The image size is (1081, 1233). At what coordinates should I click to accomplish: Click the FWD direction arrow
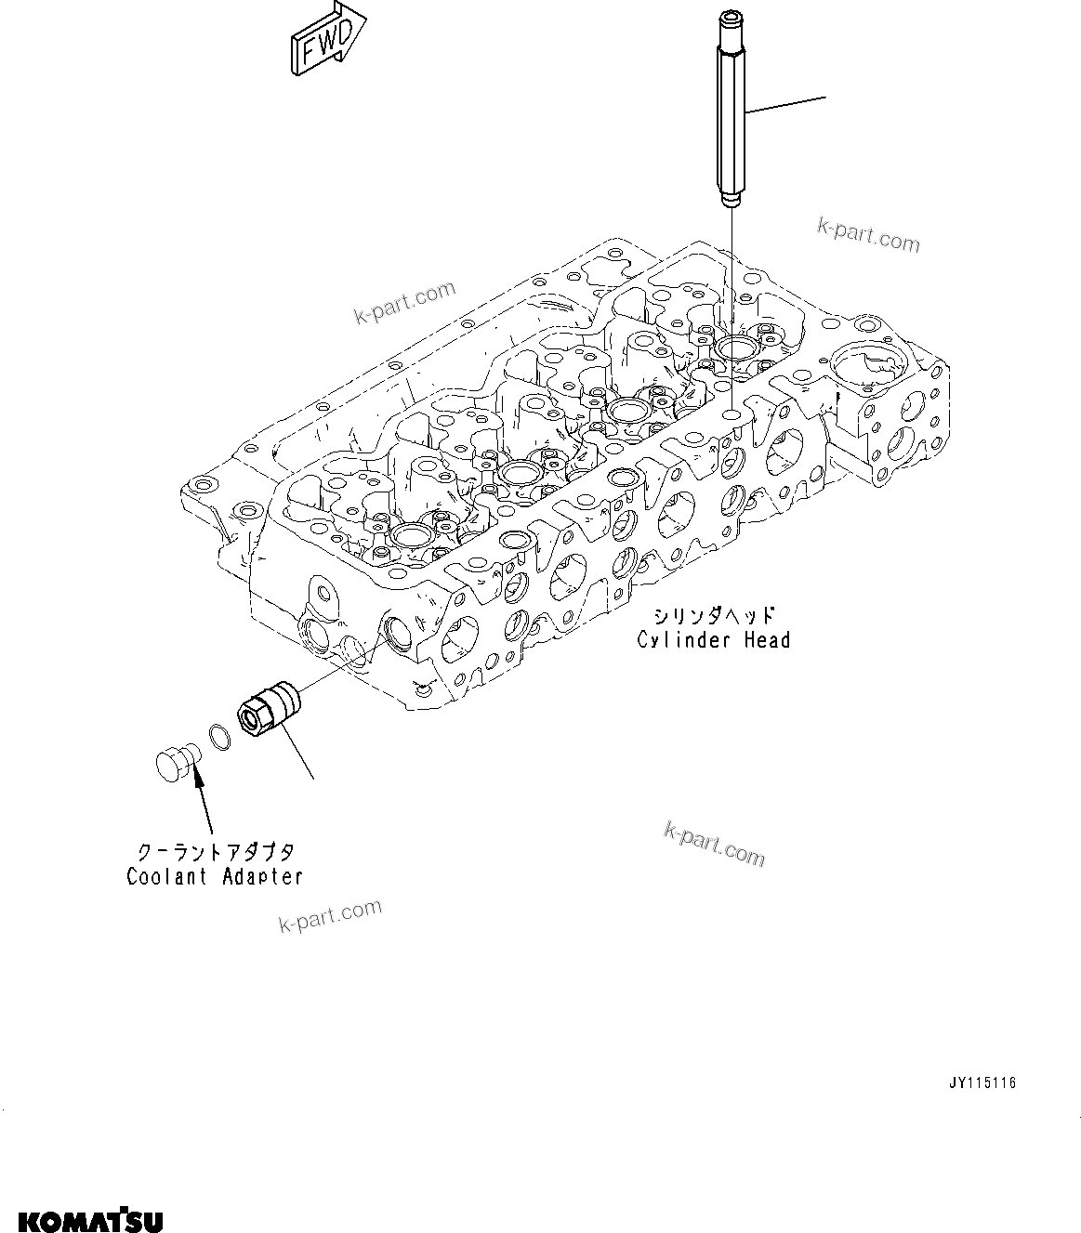point(326,39)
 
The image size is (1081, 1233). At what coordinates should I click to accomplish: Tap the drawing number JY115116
point(983,1083)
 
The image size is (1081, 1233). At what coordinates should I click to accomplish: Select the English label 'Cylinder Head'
point(713,640)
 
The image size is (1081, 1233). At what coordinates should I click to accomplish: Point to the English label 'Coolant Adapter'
point(215,876)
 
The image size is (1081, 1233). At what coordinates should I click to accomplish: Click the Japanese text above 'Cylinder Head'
point(713,616)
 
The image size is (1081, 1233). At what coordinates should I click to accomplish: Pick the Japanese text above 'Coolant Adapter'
point(216,852)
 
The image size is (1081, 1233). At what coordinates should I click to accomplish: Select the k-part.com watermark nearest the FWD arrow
point(405,303)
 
